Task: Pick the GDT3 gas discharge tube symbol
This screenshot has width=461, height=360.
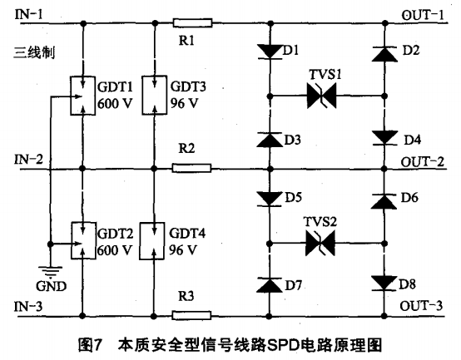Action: tap(156, 96)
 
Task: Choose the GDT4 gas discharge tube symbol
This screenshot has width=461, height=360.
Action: tap(156, 239)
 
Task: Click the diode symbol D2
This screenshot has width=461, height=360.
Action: tap(383, 53)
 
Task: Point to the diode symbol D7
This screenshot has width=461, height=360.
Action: tap(269, 284)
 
